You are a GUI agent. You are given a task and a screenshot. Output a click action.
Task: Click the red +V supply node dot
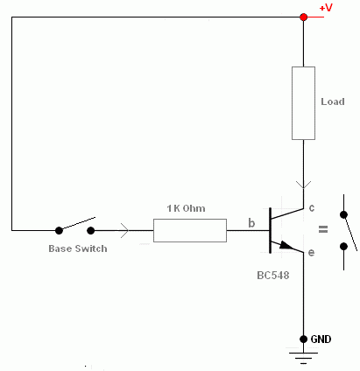click(x=303, y=17)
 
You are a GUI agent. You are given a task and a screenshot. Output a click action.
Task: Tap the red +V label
click(x=326, y=8)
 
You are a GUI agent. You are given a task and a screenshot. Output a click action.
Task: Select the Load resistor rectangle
click(x=303, y=103)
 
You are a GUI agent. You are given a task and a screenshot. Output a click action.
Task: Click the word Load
click(x=333, y=101)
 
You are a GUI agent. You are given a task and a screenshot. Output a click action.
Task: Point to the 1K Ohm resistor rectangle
click(x=190, y=230)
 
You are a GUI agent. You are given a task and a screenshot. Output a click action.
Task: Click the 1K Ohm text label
click(x=186, y=208)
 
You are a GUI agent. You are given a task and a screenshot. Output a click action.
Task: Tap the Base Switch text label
click(x=78, y=248)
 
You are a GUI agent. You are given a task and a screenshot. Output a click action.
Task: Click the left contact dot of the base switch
click(x=59, y=231)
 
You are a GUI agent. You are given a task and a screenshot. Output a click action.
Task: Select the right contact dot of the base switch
click(x=91, y=231)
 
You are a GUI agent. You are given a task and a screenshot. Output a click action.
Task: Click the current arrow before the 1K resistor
click(x=124, y=230)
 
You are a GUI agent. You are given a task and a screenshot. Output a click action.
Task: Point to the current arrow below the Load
click(x=303, y=185)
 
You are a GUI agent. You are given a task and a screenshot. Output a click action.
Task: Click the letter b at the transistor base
click(x=251, y=223)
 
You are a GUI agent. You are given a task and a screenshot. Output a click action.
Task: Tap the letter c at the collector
click(x=312, y=208)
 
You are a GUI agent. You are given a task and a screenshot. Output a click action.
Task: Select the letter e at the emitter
click(x=311, y=252)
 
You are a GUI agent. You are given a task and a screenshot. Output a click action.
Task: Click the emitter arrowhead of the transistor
click(x=286, y=245)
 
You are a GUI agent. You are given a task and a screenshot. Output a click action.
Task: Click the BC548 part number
click(x=273, y=276)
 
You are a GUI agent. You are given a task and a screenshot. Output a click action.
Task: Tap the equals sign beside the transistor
click(x=323, y=229)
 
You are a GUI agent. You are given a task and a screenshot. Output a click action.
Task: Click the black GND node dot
click(x=303, y=339)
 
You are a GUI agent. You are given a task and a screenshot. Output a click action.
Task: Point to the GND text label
click(x=321, y=339)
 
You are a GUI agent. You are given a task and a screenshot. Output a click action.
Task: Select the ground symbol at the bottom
click(x=303, y=358)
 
